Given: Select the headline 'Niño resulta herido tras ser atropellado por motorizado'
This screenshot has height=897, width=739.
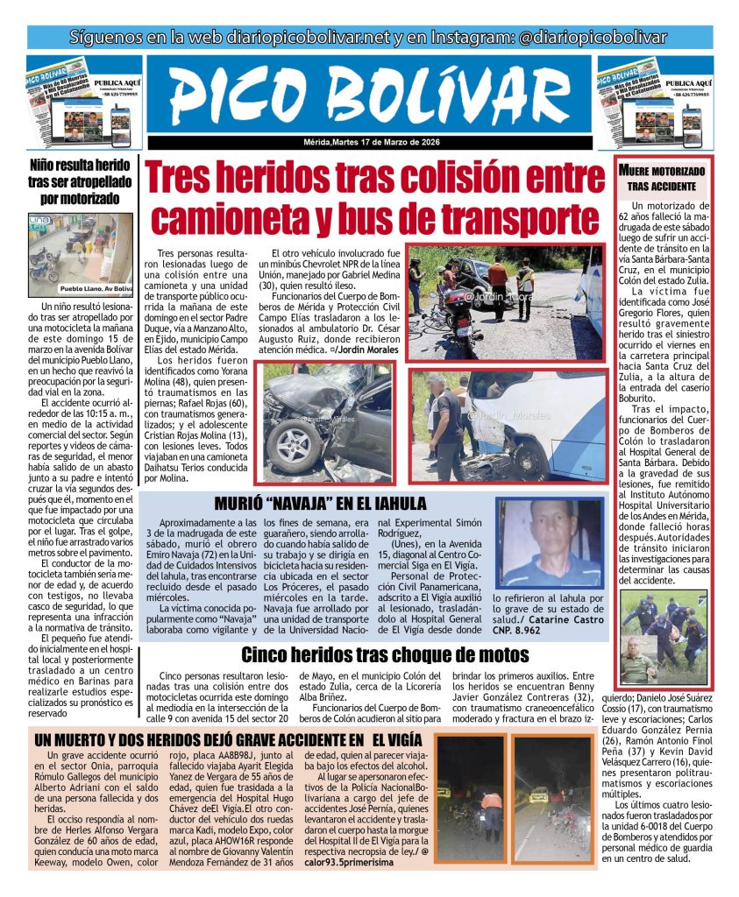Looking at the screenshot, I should coord(80,181).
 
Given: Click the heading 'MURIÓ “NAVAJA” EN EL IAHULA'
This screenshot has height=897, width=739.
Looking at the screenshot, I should coord(321,504).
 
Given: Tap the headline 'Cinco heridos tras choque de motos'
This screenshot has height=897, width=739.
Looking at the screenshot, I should coord(385,654).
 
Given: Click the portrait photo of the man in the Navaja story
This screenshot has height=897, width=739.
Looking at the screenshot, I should coord(548,543).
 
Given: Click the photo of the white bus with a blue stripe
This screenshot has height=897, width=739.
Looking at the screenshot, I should coord(508,424).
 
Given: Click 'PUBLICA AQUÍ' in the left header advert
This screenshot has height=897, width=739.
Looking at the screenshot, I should coord(120,77).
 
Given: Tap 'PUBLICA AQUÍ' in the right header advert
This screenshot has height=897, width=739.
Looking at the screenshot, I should coord(692,77).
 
